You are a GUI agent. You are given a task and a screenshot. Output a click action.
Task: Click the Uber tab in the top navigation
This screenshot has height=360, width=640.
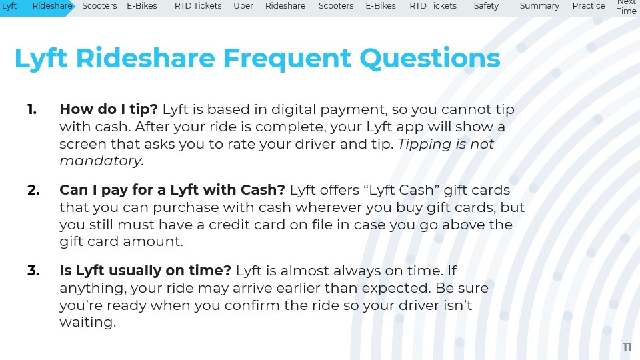243,6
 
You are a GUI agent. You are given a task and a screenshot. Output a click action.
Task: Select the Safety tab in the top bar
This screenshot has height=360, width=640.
486,6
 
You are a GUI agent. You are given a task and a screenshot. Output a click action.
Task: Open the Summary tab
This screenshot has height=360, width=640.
539,6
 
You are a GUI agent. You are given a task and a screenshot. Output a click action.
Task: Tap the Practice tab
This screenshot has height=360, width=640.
589,6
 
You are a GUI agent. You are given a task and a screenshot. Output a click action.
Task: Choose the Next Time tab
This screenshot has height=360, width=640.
627,7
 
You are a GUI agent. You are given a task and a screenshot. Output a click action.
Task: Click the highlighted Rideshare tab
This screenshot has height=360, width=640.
52,6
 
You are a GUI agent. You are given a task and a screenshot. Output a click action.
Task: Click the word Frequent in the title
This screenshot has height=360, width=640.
287,59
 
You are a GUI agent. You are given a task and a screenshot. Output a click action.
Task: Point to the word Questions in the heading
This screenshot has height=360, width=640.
430,59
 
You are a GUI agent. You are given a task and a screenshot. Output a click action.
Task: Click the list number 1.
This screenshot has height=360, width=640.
32,109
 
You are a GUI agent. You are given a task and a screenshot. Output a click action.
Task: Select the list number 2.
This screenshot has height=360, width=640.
33,190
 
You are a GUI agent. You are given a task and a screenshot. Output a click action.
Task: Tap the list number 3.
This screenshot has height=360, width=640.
33,271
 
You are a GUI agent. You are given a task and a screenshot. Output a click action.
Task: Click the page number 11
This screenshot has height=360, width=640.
627,347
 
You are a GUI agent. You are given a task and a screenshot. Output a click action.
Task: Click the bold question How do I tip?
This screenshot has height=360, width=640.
109,109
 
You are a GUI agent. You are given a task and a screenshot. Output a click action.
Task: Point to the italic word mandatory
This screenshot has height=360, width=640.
101,161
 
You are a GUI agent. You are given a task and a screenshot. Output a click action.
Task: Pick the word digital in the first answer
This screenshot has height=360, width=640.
293,109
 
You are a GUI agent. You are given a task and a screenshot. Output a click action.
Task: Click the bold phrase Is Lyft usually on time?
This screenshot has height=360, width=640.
145,271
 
